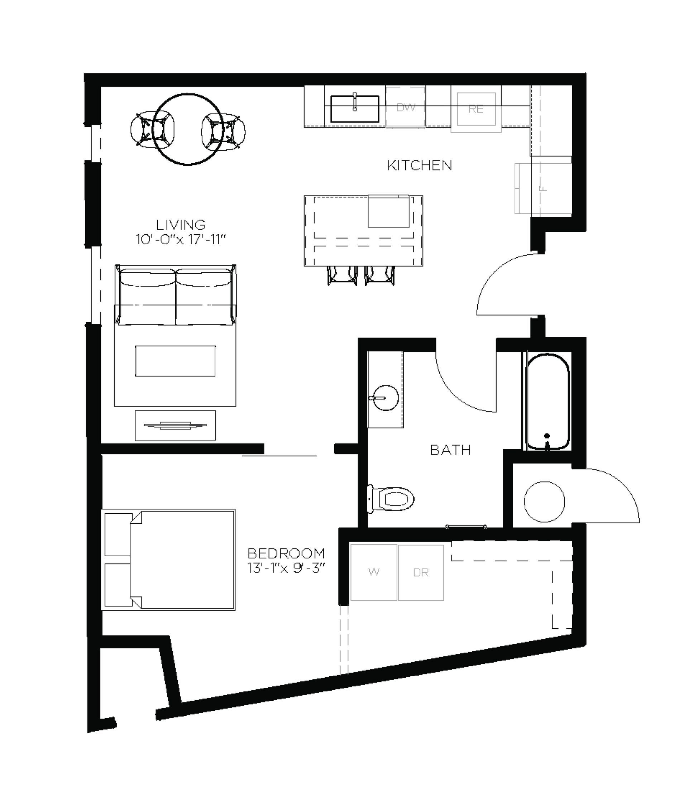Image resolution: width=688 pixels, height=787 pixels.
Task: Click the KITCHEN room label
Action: (419, 165)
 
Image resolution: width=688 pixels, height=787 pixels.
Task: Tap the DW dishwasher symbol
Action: (405, 107)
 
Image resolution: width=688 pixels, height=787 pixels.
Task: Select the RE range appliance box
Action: (476, 109)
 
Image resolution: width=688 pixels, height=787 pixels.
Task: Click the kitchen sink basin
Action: (355, 109)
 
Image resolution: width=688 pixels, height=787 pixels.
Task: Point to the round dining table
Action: (188, 129)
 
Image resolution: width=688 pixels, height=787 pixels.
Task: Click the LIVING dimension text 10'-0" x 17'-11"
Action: (180, 240)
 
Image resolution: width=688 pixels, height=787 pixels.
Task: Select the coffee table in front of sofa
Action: (175, 361)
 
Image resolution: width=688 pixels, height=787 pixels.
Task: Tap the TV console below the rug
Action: (175, 426)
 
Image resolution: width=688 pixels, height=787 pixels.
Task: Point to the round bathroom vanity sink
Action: (384, 398)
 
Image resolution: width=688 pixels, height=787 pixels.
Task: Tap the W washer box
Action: (373, 572)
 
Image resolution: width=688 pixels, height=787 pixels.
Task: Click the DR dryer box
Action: (421, 572)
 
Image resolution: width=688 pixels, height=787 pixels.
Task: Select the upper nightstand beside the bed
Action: (118, 534)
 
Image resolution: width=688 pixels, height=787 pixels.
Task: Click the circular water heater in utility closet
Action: (544, 502)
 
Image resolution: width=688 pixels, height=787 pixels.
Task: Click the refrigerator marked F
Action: (543, 188)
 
